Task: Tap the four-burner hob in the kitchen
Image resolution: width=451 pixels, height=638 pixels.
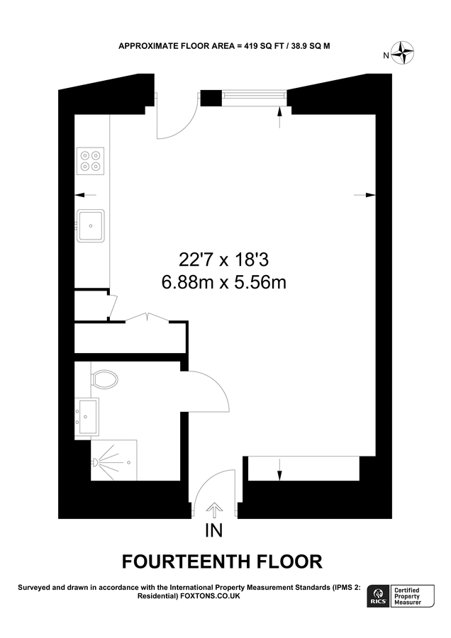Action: point(91,159)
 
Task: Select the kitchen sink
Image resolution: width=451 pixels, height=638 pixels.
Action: point(91,225)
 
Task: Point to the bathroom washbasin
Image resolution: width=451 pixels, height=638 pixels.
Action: point(88,416)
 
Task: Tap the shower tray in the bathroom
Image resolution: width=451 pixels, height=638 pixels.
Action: point(113,460)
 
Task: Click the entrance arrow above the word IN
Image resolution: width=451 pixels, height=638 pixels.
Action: point(214,509)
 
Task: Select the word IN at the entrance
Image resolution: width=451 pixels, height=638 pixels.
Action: point(214,531)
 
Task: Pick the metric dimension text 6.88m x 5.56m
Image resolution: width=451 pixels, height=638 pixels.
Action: point(224,283)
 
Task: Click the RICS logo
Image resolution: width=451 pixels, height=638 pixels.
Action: point(376,597)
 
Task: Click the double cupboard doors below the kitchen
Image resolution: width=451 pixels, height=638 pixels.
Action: point(147,318)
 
